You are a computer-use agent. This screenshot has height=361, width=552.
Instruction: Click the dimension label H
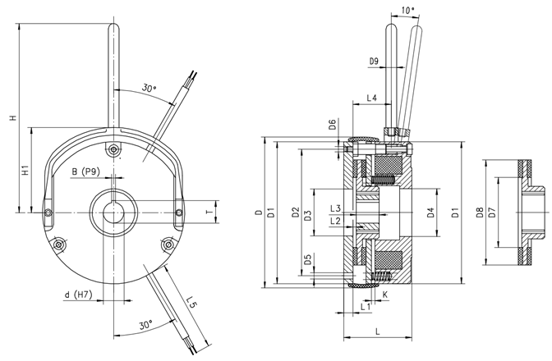[11, 118]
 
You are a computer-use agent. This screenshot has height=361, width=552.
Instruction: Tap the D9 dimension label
[374, 62]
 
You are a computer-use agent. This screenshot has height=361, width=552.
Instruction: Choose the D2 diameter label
[294, 215]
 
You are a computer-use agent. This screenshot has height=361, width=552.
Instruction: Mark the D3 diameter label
[307, 215]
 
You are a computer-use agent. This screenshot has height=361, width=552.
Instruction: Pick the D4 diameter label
[430, 215]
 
